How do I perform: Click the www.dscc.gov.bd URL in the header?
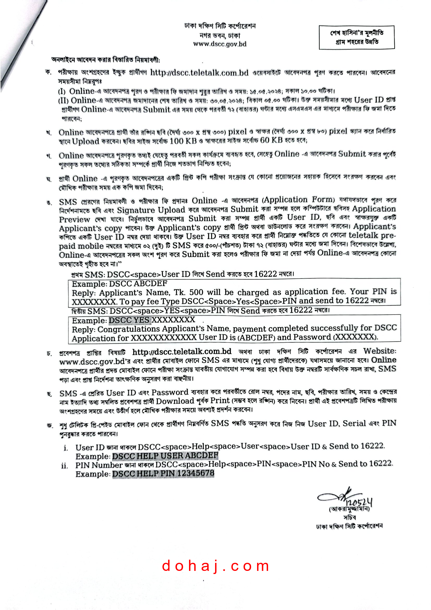(x=220, y=44)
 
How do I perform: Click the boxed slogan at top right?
(x=356, y=38)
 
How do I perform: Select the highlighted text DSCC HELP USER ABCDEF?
(x=165, y=456)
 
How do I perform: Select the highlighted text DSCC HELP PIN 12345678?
(x=163, y=473)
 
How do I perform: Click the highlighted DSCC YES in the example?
(x=129, y=320)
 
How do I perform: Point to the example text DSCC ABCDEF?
(x=138, y=283)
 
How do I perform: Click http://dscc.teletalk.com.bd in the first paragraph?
(x=199, y=73)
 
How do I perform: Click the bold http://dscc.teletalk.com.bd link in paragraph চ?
(x=182, y=352)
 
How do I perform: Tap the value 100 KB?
(x=183, y=141)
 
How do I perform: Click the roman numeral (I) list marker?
(x=62, y=92)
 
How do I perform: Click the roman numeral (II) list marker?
(x=63, y=101)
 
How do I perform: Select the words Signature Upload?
(x=151, y=210)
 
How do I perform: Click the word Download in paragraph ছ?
(x=175, y=401)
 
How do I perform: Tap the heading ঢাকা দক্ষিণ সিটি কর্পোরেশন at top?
(x=220, y=26)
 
